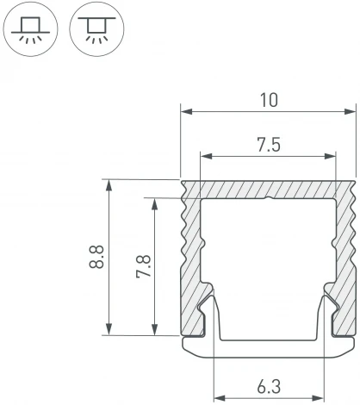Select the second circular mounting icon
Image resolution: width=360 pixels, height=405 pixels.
click(90, 28)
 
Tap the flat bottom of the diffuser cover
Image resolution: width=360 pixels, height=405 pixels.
click(268, 346)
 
